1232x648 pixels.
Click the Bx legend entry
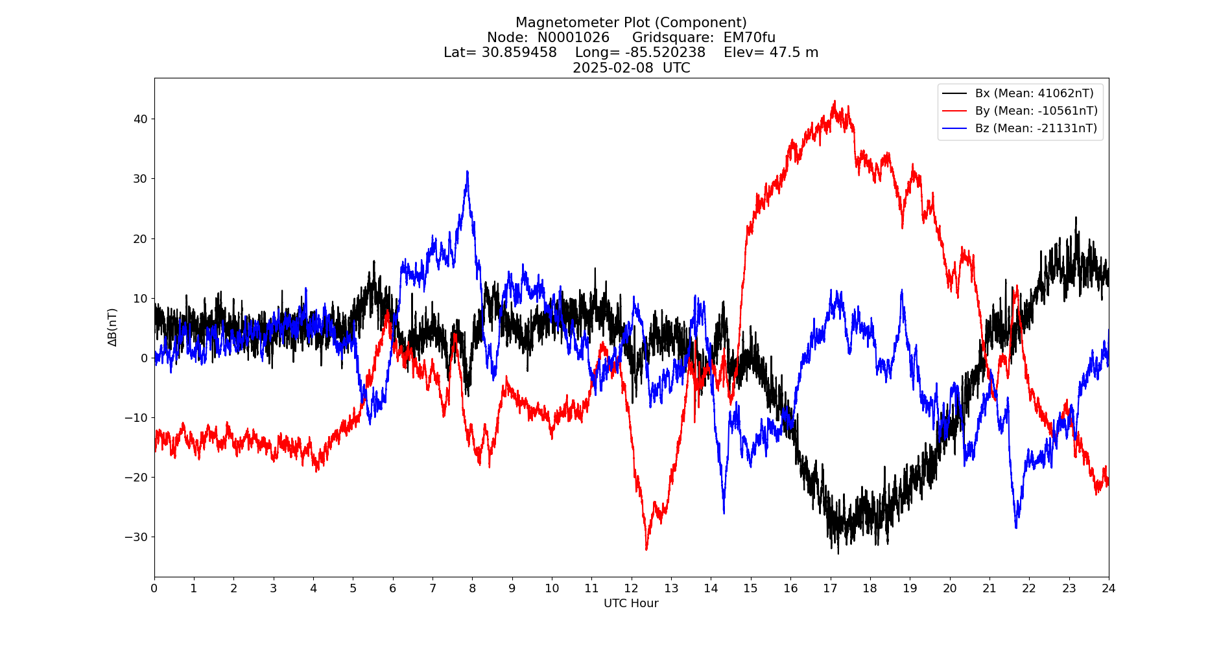pos(1034,93)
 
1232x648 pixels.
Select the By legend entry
pos(1036,111)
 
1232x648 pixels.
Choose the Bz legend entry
pos(1036,128)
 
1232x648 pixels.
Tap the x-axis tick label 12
pos(631,588)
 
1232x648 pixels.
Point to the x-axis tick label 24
pos(1108,588)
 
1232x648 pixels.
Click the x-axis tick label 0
pos(154,588)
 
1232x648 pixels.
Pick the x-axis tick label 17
pos(830,588)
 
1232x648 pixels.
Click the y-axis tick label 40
pos(141,119)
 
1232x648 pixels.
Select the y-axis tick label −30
pos(137,537)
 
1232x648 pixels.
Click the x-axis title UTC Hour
pos(631,603)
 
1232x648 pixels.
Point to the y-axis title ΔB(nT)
pos(113,327)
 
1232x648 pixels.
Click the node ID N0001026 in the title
pos(573,38)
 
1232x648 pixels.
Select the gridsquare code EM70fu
pos(749,38)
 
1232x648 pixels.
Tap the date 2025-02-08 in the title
pos(613,68)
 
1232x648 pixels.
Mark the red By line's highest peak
pos(835,101)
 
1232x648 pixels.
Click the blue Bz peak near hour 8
pos(467,172)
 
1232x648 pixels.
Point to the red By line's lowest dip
pos(646,550)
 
